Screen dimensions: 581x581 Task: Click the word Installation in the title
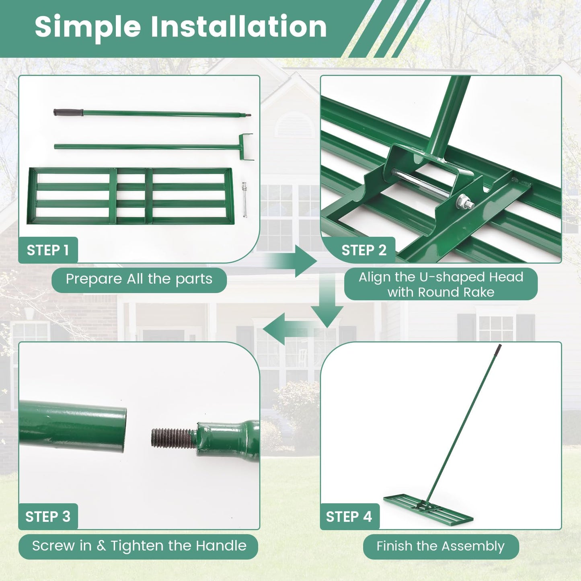(238, 27)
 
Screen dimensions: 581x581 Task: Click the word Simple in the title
(88, 27)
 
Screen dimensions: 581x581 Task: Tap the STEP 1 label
(48, 250)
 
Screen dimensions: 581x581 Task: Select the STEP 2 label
(363, 250)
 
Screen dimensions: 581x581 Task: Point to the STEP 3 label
(48, 516)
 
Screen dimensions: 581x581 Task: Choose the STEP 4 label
(349, 516)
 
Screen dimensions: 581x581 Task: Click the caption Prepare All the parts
(139, 279)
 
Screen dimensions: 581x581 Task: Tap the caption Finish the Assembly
(440, 546)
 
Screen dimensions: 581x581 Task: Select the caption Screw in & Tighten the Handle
(139, 546)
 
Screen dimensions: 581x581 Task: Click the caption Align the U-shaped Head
(441, 277)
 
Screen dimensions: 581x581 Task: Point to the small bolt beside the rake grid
(244, 199)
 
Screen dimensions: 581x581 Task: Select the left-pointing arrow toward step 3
(277, 328)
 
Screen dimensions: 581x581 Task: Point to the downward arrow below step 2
(327, 310)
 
